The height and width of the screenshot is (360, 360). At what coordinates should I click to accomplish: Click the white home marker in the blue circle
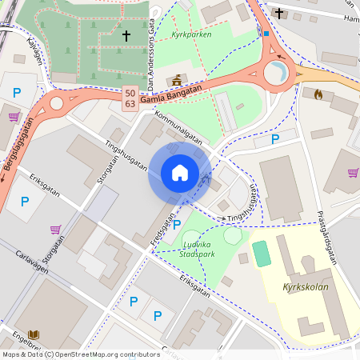coord(180,172)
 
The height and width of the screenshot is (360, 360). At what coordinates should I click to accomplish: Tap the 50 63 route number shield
coord(130,99)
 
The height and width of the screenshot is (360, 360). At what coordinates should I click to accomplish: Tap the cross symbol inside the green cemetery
coord(125,36)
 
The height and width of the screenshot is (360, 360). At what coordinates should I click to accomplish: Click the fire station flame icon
coord(318,94)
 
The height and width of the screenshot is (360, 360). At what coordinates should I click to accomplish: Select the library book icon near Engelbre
coord(34,334)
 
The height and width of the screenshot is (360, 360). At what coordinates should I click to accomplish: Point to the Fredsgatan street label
coord(162,228)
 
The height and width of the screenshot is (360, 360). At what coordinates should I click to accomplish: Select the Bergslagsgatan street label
coord(18,152)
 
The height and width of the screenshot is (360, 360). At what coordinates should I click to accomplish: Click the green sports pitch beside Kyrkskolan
coord(262,253)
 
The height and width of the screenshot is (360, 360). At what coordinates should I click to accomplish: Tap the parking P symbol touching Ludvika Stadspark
coord(177,225)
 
